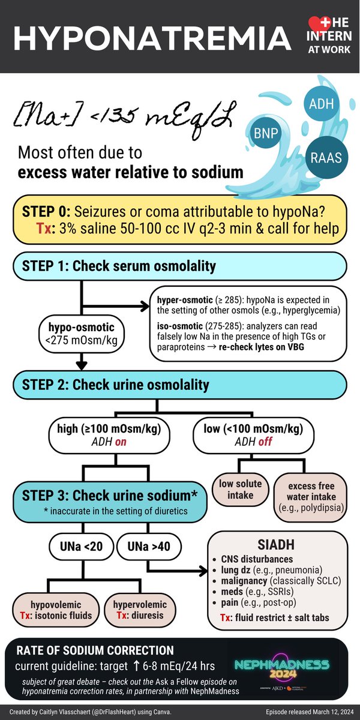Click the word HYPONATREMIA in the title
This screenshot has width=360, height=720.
coord(147,37)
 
